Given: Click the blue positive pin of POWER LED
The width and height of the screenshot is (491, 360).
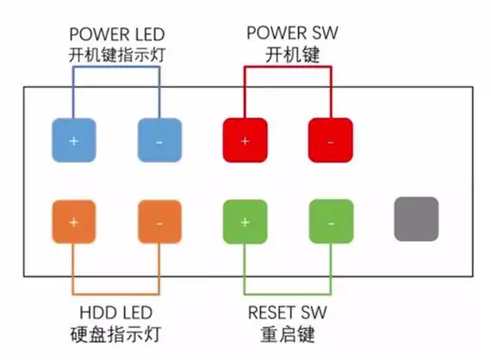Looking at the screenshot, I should pyautogui.click(x=73, y=140).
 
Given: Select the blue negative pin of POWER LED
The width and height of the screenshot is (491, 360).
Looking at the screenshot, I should pyautogui.click(x=159, y=140).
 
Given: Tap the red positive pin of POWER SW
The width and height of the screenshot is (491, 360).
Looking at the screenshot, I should pyautogui.click(x=245, y=140).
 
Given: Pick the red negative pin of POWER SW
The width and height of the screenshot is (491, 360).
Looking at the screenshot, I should pyautogui.click(x=331, y=140).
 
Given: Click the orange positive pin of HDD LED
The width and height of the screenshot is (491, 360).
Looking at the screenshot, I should pyautogui.click(x=73, y=222).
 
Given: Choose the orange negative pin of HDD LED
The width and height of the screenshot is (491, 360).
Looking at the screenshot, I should pyautogui.click(x=159, y=222).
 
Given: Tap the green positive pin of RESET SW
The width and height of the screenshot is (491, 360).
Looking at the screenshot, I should pyautogui.click(x=245, y=221).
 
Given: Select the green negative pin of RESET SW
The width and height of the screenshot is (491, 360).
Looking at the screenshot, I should pyautogui.click(x=331, y=221).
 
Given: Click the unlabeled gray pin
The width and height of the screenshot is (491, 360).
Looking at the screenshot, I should pyautogui.click(x=416, y=219).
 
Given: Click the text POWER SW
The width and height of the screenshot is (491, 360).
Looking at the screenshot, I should pyautogui.click(x=288, y=34).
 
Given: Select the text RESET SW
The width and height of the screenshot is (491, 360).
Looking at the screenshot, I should pyautogui.click(x=288, y=313).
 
